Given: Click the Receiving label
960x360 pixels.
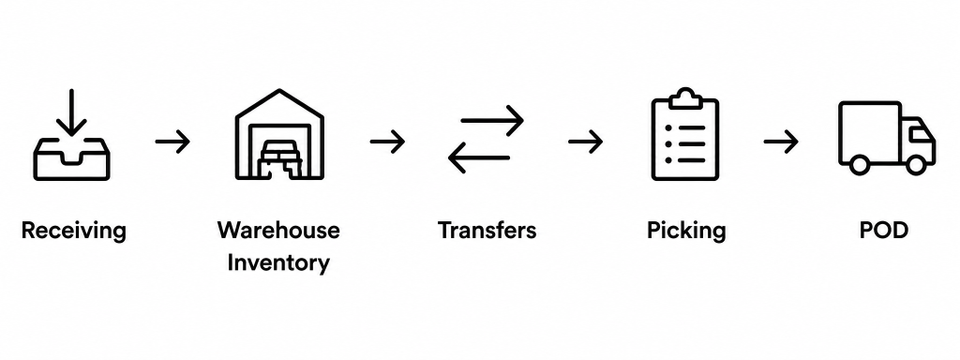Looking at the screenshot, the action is [x=73, y=232].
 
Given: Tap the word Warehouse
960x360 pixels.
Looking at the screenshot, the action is [x=278, y=231].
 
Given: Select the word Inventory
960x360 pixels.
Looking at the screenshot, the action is [x=278, y=263].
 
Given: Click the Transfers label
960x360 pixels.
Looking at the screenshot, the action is [x=487, y=231].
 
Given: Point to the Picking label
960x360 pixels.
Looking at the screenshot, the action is [x=686, y=232].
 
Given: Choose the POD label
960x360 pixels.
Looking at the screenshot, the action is [x=883, y=231].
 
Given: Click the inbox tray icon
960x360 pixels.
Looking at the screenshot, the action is [x=71, y=158].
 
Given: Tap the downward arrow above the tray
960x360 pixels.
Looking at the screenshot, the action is [x=71, y=112].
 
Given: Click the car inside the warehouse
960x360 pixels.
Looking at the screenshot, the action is [x=279, y=159].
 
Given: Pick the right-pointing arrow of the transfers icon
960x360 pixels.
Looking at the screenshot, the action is [x=492, y=121].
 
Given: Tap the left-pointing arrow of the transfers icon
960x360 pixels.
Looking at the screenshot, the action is [x=479, y=157].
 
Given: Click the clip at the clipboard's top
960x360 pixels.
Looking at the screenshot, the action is [x=685, y=98].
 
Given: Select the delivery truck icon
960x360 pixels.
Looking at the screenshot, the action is [x=887, y=138].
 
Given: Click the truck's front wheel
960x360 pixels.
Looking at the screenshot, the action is [x=916, y=164].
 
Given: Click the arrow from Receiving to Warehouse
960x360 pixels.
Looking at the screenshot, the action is [x=172, y=142].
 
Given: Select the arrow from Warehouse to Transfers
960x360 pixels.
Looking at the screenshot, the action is [x=387, y=142].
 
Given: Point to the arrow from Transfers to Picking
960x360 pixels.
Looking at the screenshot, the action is [x=585, y=142].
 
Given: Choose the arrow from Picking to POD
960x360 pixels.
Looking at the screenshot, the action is [x=781, y=142].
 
